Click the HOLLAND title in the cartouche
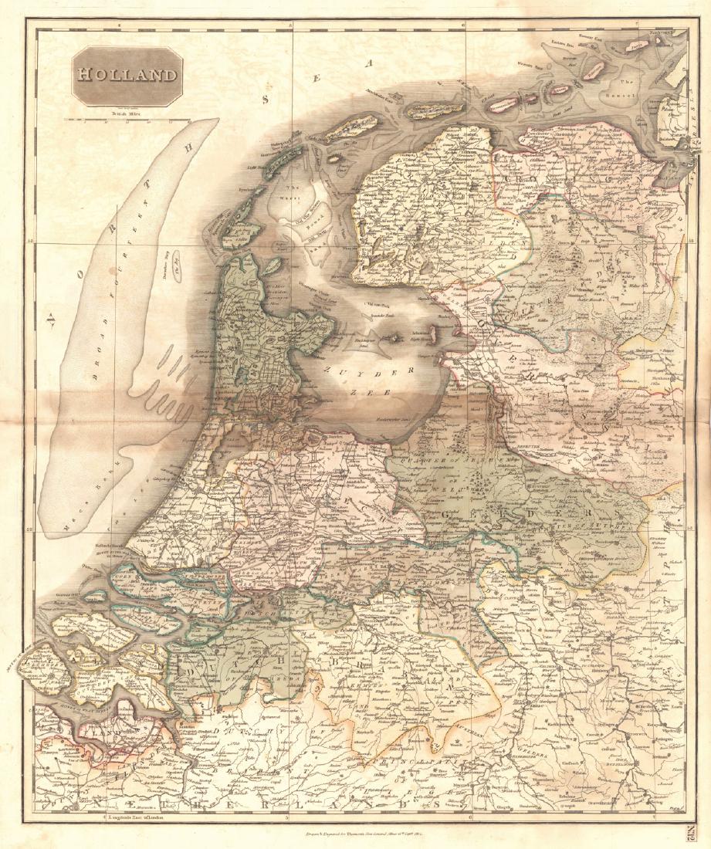pos(126,76)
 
